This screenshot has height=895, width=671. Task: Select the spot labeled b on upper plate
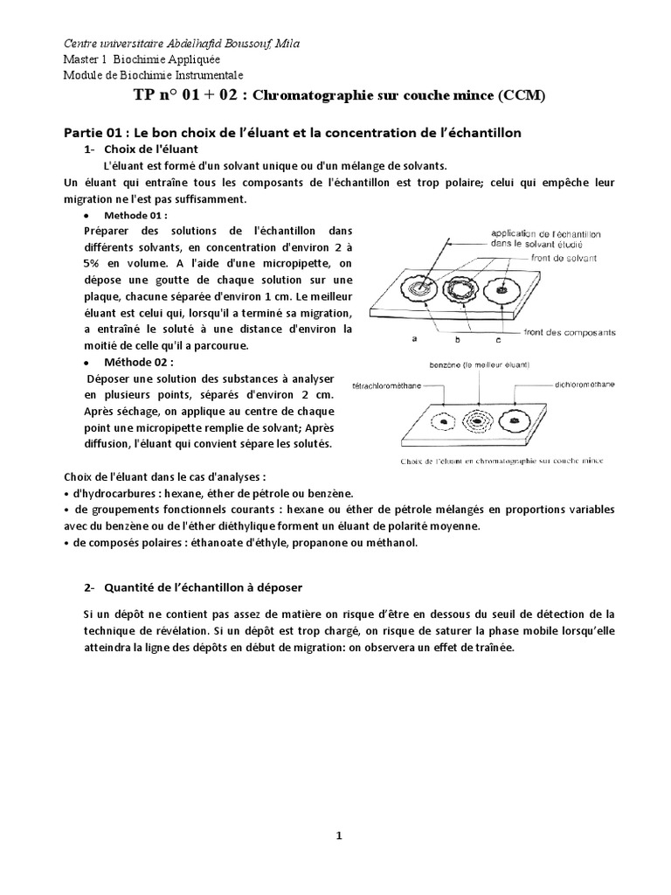pos(460,289)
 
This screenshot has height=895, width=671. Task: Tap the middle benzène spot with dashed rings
pos(477,420)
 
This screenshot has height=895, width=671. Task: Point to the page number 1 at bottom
pos(339,836)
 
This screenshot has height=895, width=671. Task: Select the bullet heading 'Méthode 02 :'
pos(138,361)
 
